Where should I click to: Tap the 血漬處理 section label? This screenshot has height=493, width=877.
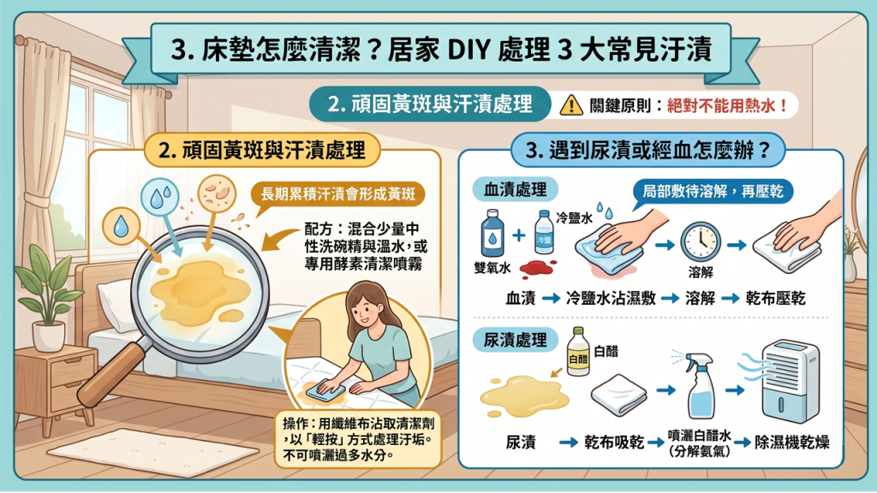pos(515,189)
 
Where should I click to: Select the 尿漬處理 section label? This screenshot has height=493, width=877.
pos(515,341)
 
